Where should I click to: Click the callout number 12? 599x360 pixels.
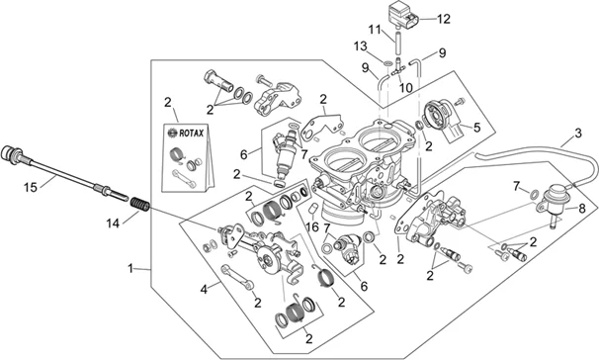coord(444,19)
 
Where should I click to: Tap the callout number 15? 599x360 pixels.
coord(31,188)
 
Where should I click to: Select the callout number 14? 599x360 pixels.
coord(113,224)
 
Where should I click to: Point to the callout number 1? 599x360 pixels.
coord(130,269)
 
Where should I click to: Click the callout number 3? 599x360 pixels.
coord(578,134)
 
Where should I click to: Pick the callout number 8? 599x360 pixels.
coord(582,209)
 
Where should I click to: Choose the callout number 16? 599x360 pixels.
coord(312,227)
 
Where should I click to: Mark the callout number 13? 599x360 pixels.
coord(360,46)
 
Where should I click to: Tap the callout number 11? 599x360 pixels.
coord(375,29)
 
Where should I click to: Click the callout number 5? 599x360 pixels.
coord(476,128)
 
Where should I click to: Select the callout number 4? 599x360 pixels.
coord(204,290)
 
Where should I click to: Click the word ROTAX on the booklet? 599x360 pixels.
coord(192,134)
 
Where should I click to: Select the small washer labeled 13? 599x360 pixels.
coord(387,62)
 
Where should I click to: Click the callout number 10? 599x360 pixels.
coord(405,88)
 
